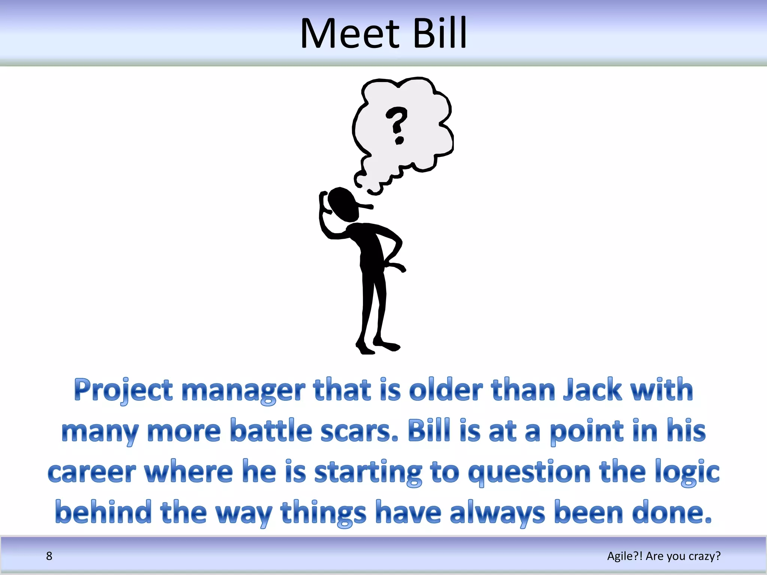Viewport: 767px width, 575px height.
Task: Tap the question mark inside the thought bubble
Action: point(397,125)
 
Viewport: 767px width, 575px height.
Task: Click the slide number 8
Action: point(49,556)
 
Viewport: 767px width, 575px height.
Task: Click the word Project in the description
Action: point(123,390)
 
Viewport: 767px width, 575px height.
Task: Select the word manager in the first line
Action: point(243,390)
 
